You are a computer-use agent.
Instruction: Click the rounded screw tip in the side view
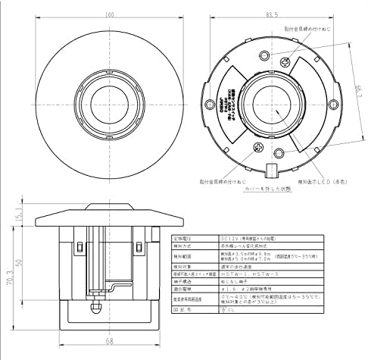(x=95, y=309)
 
